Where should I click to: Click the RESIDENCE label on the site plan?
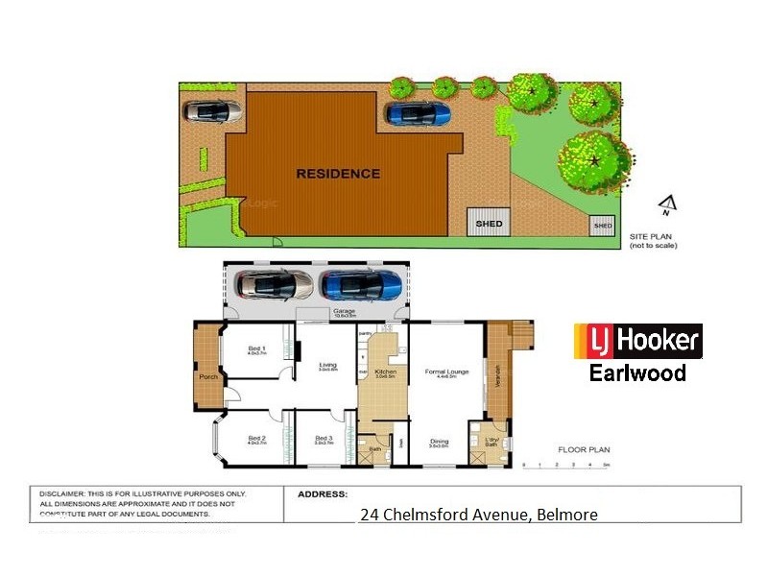pyautogui.click(x=338, y=174)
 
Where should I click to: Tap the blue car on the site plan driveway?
pyautogui.click(x=418, y=113)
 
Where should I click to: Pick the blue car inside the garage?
pyautogui.click(x=361, y=285)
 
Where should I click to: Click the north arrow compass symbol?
pyautogui.click(x=665, y=204)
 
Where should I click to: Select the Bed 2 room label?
pyautogui.click(x=256, y=439)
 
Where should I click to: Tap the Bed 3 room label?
pyautogui.click(x=324, y=439)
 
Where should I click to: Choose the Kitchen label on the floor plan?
pyautogui.click(x=386, y=370)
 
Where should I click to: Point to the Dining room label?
pyautogui.click(x=439, y=442)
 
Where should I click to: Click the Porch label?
pyautogui.click(x=207, y=376)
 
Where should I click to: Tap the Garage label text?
pyautogui.click(x=344, y=312)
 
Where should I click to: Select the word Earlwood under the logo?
pyautogui.click(x=637, y=372)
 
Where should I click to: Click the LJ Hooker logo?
pyautogui.click(x=637, y=342)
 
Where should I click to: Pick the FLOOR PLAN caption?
pyautogui.click(x=584, y=449)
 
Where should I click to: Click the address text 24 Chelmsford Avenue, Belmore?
pyautogui.click(x=478, y=515)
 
